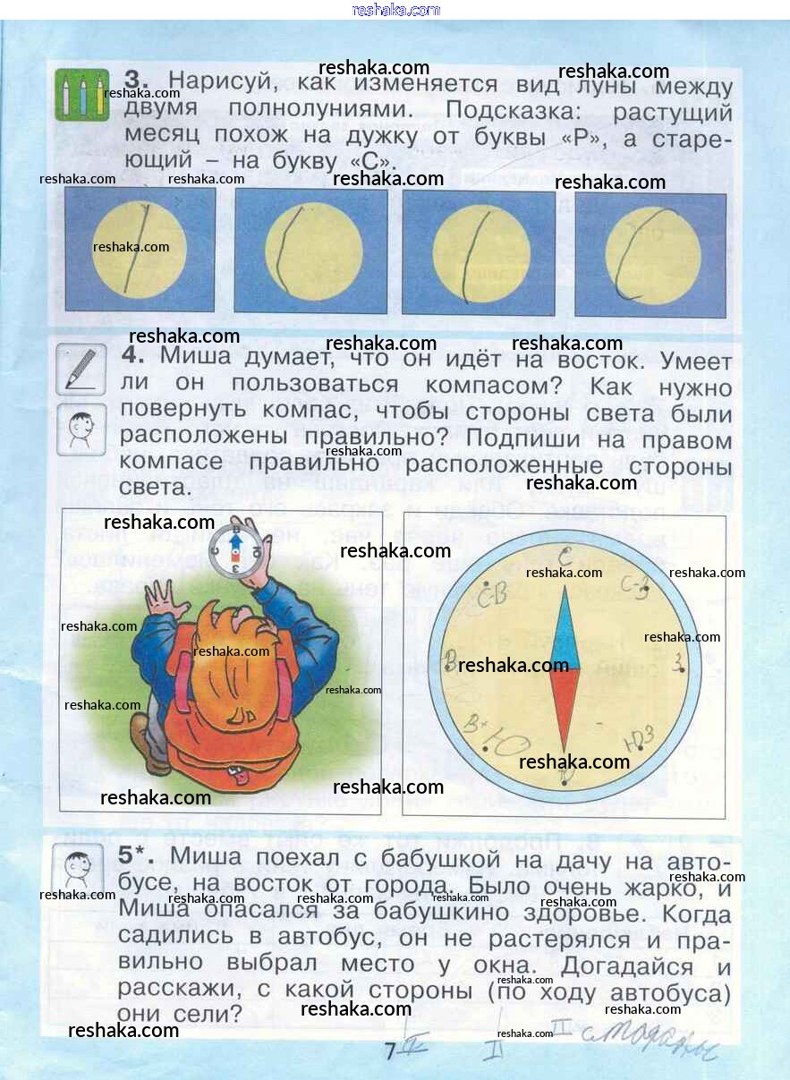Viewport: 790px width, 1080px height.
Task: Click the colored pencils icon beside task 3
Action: tap(81, 94)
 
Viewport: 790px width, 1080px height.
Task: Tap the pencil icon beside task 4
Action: tap(81, 369)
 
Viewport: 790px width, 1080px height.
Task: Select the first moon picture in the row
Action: tap(140, 250)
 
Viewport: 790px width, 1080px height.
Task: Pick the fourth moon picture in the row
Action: tap(650, 254)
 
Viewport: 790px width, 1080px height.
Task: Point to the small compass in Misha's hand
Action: tap(235, 552)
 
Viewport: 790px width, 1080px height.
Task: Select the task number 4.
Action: tap(133, 355)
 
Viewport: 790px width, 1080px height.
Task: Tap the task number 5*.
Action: tap(136, 856)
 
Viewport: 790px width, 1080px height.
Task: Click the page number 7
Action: tap(389, 1052)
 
